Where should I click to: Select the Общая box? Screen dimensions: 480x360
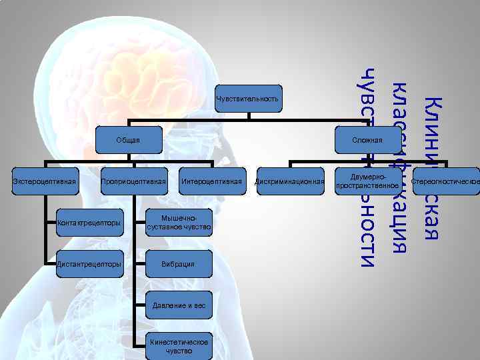click(x=128, y=140)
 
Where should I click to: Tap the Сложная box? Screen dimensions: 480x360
click(x=368, y=140)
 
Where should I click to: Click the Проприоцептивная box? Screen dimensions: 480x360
click(x=133, y=181)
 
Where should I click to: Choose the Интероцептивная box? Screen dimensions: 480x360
click(x=211, y=181)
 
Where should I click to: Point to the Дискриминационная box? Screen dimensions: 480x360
click(x=289, y=181)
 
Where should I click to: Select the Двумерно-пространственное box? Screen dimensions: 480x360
click(x=368, y=181)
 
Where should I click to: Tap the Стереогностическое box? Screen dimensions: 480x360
click(x=446, y=181)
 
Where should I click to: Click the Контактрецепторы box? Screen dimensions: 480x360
click(x=90, y=223)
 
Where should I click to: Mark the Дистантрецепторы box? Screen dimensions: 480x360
click(x=90, y=264)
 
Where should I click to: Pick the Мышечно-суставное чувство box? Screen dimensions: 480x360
click(x=179, y=223)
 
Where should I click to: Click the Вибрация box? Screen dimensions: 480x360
click(x=179, y=264)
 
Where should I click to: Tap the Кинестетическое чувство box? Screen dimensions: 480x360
click(x=179, y=346)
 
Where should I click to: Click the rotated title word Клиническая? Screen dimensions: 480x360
click(x=432, y=167)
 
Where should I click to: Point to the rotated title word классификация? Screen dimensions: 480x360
click(x=399, y=167)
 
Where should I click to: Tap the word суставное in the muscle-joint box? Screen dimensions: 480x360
click(x=168, y=227)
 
